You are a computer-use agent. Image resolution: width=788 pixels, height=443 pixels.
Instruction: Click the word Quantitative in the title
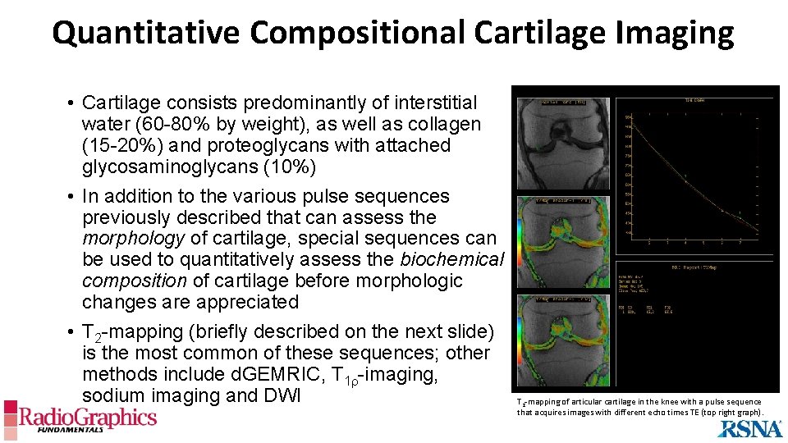[x=145, y=33]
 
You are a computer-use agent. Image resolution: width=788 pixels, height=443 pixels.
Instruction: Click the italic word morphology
[x=133, y=239]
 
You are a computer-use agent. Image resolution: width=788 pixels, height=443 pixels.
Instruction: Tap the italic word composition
[x=135, y=281]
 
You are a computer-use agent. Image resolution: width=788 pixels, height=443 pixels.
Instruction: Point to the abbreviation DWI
[x=282, y=395]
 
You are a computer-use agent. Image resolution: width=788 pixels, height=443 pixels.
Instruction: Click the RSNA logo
[x=749, y=427]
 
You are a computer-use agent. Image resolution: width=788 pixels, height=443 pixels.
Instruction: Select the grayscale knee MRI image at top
[x=562, y=144]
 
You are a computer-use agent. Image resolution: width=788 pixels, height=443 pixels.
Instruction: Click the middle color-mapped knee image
[x=562, y=243]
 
